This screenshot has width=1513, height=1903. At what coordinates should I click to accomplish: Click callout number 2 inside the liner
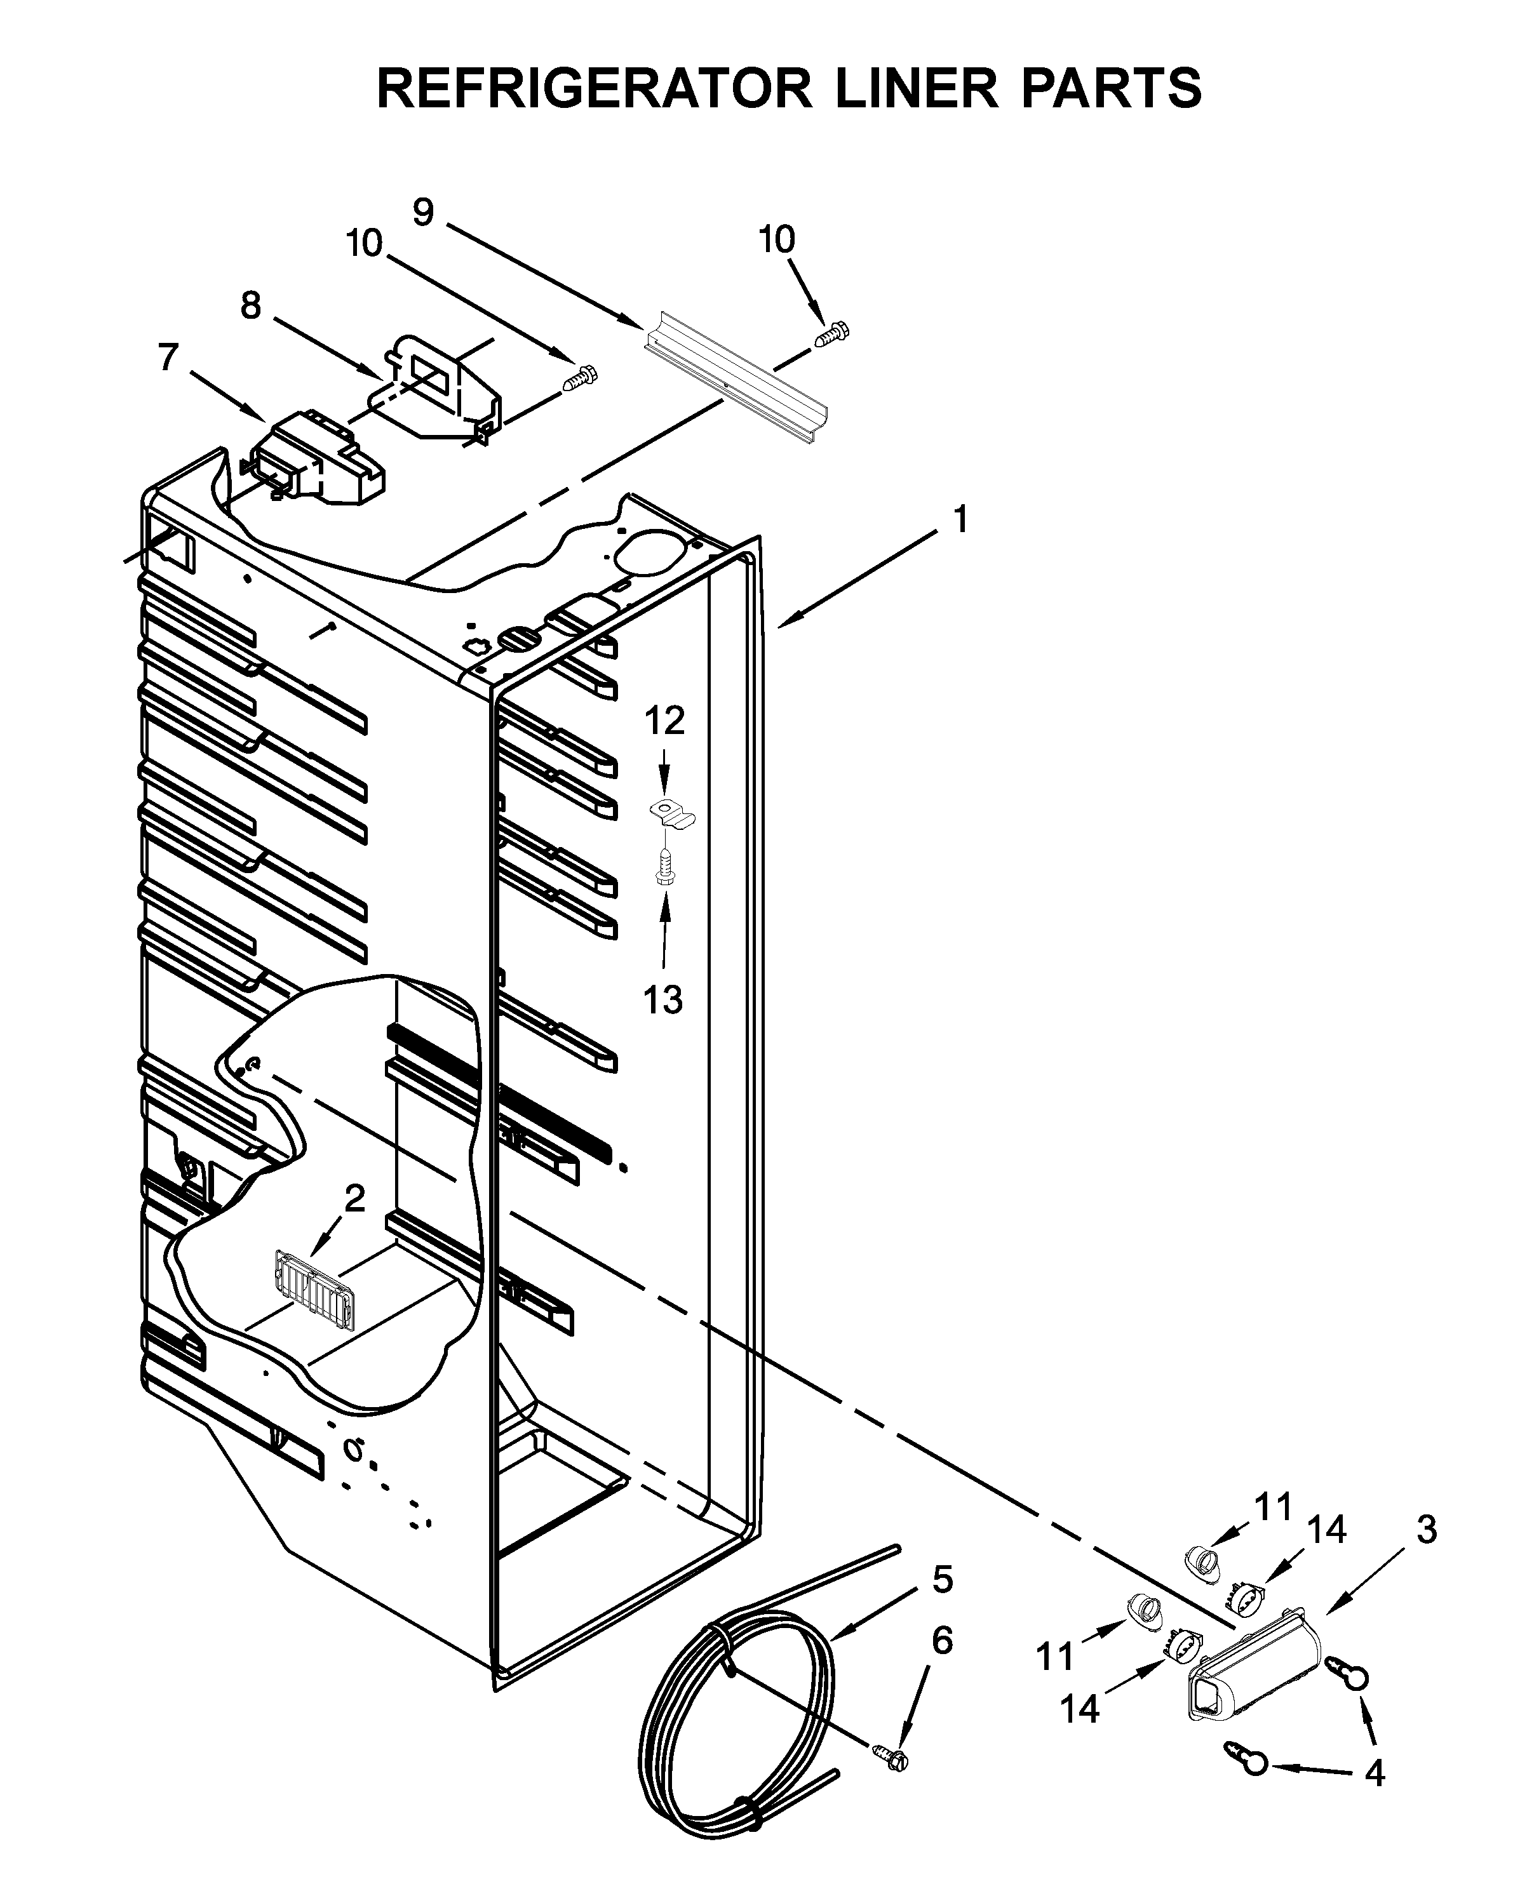pos(353,1199)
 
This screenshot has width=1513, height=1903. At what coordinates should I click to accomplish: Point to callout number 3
pos(1427,1530)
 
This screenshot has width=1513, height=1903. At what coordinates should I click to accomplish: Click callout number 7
pos(168,357)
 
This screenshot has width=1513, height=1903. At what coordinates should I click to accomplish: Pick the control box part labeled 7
pos(318,459)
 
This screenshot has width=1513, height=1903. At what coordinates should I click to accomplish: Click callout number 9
pos(424,212)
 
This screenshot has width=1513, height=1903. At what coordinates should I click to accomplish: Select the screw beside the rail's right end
pos(833,335)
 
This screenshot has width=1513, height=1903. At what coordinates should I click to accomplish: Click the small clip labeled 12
pos(672,811)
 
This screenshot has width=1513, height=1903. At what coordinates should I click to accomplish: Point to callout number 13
pos(663,1000)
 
